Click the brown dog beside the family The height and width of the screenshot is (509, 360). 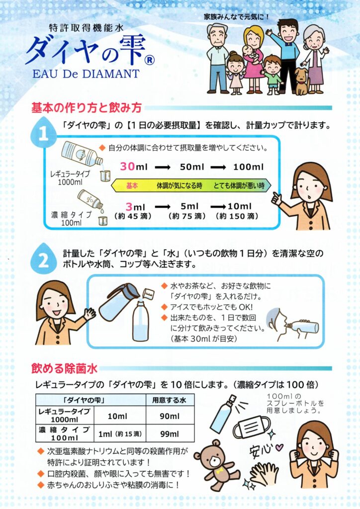click(x=302, y=81)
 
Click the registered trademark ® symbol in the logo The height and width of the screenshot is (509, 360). click(x=149, y=60)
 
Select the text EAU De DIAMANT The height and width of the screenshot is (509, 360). click(x=86, y=74)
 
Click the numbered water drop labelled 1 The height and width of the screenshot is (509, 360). click(x=43, y=133)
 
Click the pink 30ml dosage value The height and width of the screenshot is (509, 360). click(x=133, y=167)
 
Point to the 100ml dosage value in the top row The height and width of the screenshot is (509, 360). click(x=248, y=167)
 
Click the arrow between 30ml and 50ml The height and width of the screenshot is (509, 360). click(x=163, y=168)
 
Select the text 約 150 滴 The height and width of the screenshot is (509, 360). click(x=237, y=216)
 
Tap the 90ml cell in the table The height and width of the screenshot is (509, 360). click(x=170, y=416)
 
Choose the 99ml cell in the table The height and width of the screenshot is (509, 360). click(x=170, y=433)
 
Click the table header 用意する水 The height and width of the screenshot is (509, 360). click(x=170, y=400)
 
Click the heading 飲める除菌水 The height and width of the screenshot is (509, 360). click(x=64, y=369)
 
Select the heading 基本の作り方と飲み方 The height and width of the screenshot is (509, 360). click(x=87, y=107)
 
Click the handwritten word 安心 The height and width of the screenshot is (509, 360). click(x=261, y=449)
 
